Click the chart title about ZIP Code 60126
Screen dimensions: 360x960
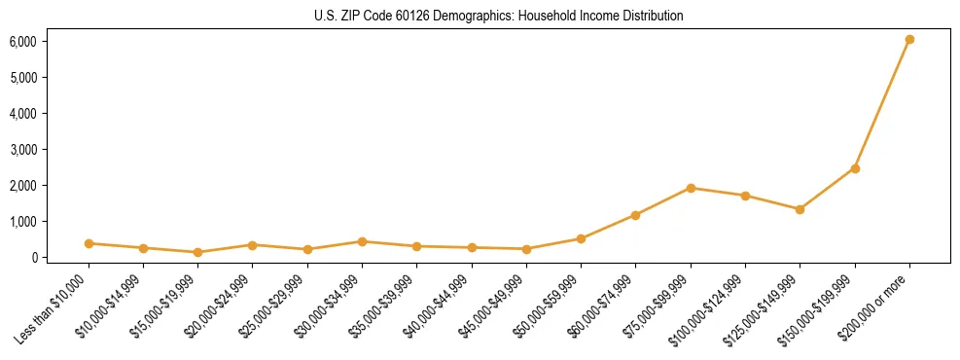pyautogui.click(x=498, y=16)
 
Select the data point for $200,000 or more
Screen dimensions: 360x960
pyautogui.click(x=909, y=40)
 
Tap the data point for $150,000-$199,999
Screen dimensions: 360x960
pyautogui.click(x=855, y=168)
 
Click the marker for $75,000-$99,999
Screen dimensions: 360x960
pyautogui.click(x=691, y=188)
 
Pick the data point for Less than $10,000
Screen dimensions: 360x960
pyautogui.click(x=89, y=243)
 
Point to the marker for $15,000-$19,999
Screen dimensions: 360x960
pyautogui.click(x=197, y=252)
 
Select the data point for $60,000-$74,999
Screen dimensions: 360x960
pyautogui.click(x=636, y=215)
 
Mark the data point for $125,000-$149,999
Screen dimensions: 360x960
pyautogui.click(x=800, y=209)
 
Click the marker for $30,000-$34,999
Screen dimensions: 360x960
pyautogui.click(x=362, y=241)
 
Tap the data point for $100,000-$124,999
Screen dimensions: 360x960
pyautogui.click(x=745, y=196)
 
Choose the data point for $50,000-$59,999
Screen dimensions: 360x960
pyautogui.click(x=581, y=238)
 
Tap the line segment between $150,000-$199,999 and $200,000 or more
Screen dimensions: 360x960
pyautogui.click(x=882, y=104)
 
